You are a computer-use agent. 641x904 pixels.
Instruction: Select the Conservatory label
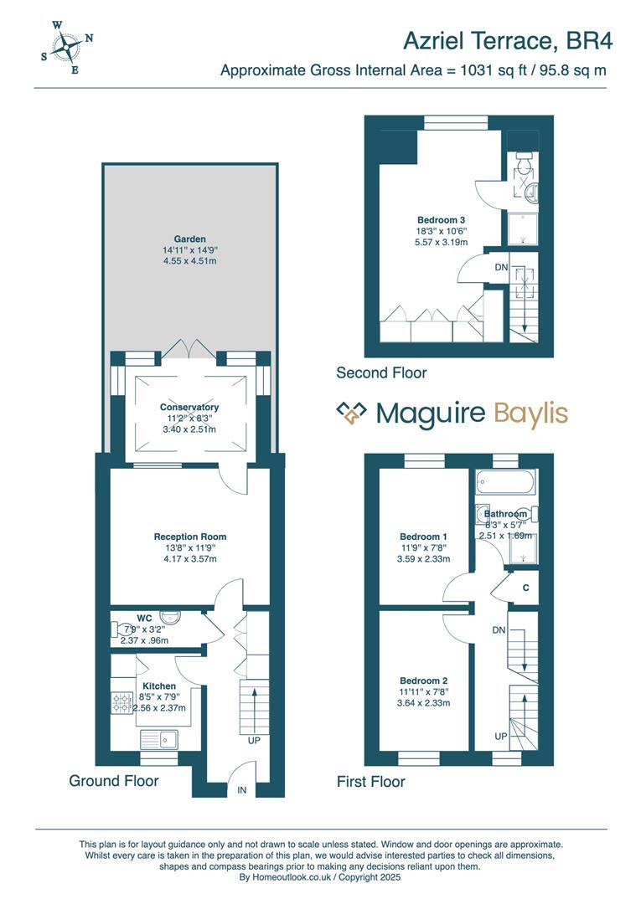(x=189, y=408)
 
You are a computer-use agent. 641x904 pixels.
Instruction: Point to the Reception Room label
(x=189, y=537)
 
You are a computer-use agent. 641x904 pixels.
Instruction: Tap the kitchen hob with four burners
(x=122, y=704)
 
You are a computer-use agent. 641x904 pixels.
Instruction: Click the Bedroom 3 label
(x=440, y=220)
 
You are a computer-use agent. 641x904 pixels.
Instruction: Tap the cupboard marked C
(x=525, y=588)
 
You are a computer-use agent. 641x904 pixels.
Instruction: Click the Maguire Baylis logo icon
(x=352, y=413)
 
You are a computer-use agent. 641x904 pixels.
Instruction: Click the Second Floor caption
(x=381, y=372)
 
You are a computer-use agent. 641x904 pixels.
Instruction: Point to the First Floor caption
(x=370, y=782)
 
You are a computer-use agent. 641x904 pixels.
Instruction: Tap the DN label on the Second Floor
(x=501, y=268)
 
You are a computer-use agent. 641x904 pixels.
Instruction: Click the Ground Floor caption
(x=113, y=781)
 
